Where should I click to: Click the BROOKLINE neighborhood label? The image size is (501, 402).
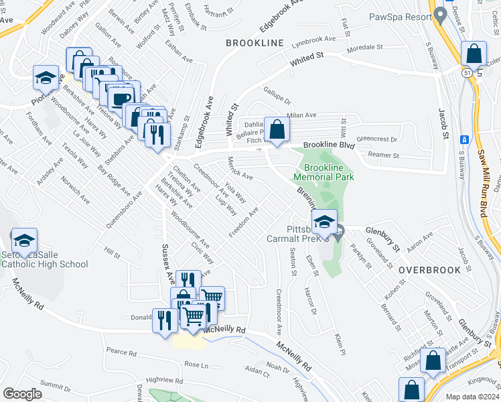click(255, 43)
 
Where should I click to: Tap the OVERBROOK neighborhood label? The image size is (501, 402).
click(429, 270)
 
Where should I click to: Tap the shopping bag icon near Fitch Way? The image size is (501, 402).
click(277, 129)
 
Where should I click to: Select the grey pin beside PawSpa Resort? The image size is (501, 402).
click(440, 14)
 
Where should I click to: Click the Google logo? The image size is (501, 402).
click(22, 394)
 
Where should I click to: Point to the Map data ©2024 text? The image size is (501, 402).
click(472, 397)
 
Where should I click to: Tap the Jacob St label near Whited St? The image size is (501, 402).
click(443, 124)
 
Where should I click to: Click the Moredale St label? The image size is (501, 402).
click(364, 48)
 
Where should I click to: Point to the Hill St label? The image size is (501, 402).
click(111, 253)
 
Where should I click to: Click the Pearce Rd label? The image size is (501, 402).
click(121, 352)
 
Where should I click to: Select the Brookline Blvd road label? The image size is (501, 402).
click(328, 145)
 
